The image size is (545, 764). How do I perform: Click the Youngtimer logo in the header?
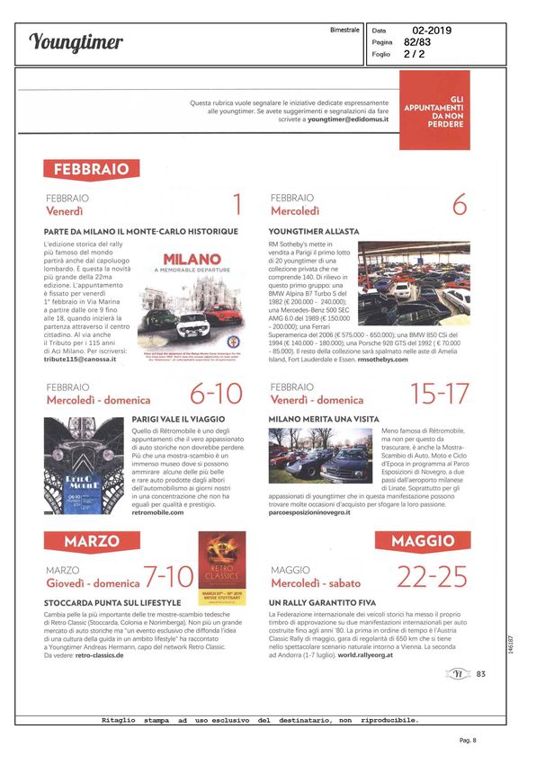pyautogui.click(x=76, y=42)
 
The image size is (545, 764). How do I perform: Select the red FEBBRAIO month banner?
pyautogui.click(x=92, y=168)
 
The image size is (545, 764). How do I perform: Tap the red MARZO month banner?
pyautogui.click(x=92, y=540)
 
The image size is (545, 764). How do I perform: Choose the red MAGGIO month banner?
pyautogui.click(x=430, y=540)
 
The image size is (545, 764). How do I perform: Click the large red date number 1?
pyautogui.click(x=237, y=205)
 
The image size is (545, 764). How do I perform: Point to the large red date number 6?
pyautogui.click(x=459, y=205)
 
